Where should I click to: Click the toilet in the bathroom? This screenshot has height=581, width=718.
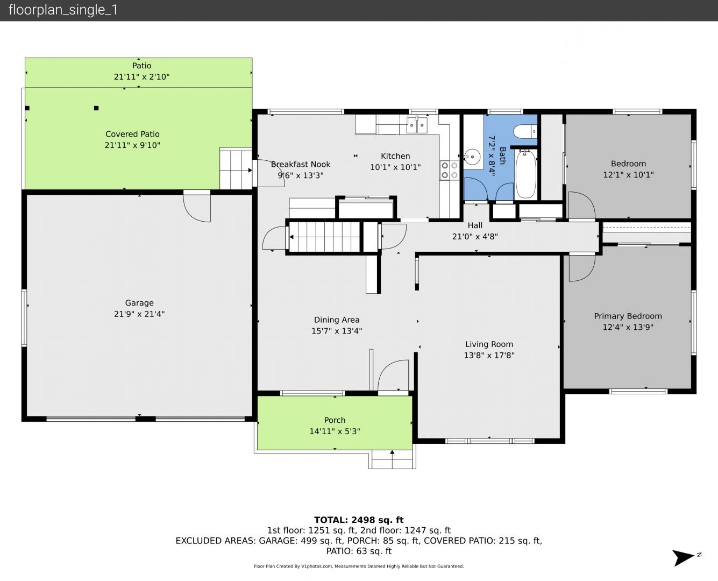(x=525, y=131)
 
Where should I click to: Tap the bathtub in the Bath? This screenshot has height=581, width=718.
(x=525, y=174)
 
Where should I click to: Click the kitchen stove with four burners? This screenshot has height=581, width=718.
(x=449, y=171)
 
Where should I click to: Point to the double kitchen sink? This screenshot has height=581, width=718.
(x=417, y=125)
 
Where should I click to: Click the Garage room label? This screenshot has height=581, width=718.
(x=139, y=303)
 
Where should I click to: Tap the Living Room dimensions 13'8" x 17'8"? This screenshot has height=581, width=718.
(x=489, y=355)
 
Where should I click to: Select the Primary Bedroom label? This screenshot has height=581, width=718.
(x=628, y=316)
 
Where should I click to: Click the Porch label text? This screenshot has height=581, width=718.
(x=335, y=420)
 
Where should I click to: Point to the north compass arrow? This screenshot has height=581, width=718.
(x=683, y=558)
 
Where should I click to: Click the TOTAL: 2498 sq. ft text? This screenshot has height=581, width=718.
(x=359, y=520)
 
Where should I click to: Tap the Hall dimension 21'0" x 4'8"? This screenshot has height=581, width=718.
(x=475, y=236)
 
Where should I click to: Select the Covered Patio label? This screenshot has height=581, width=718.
(x=132, y=134)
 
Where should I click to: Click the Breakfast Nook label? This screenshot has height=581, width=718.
(x=301, y=164)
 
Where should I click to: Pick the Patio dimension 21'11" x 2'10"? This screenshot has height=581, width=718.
(x=141, y=77)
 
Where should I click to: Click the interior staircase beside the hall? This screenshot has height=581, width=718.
(x=325, y=237)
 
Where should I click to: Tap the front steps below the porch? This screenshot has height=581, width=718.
(x=392, y=459)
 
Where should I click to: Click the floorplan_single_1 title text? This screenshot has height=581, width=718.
(x=63, y=10)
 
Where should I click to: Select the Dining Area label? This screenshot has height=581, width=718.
(x=337, y=320)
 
